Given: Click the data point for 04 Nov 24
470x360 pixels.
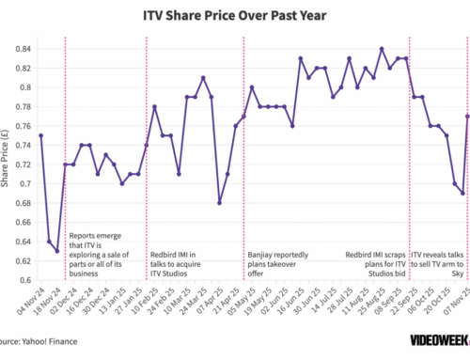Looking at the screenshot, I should (40, 135).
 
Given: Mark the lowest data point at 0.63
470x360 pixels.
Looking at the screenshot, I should (56, 251).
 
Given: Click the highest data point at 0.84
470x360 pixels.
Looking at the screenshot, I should (382, 49).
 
